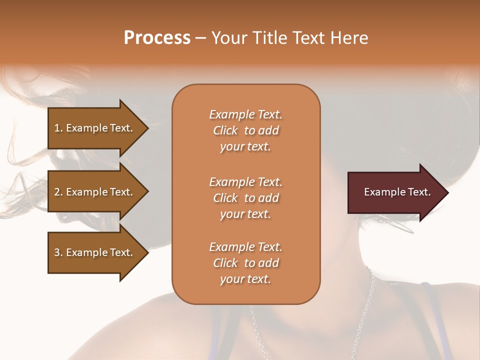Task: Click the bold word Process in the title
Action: pos(157,38)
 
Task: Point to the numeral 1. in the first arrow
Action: pos(58,128)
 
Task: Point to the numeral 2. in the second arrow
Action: pos(58,192)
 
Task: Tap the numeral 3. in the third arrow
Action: pos(58,252)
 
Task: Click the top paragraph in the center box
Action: pos(245,130)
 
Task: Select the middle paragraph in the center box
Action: pos(245,198)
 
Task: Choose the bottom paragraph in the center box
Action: pos(245,263)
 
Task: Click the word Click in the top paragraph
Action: pos(225,130)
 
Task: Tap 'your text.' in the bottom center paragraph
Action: pos(245,279)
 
